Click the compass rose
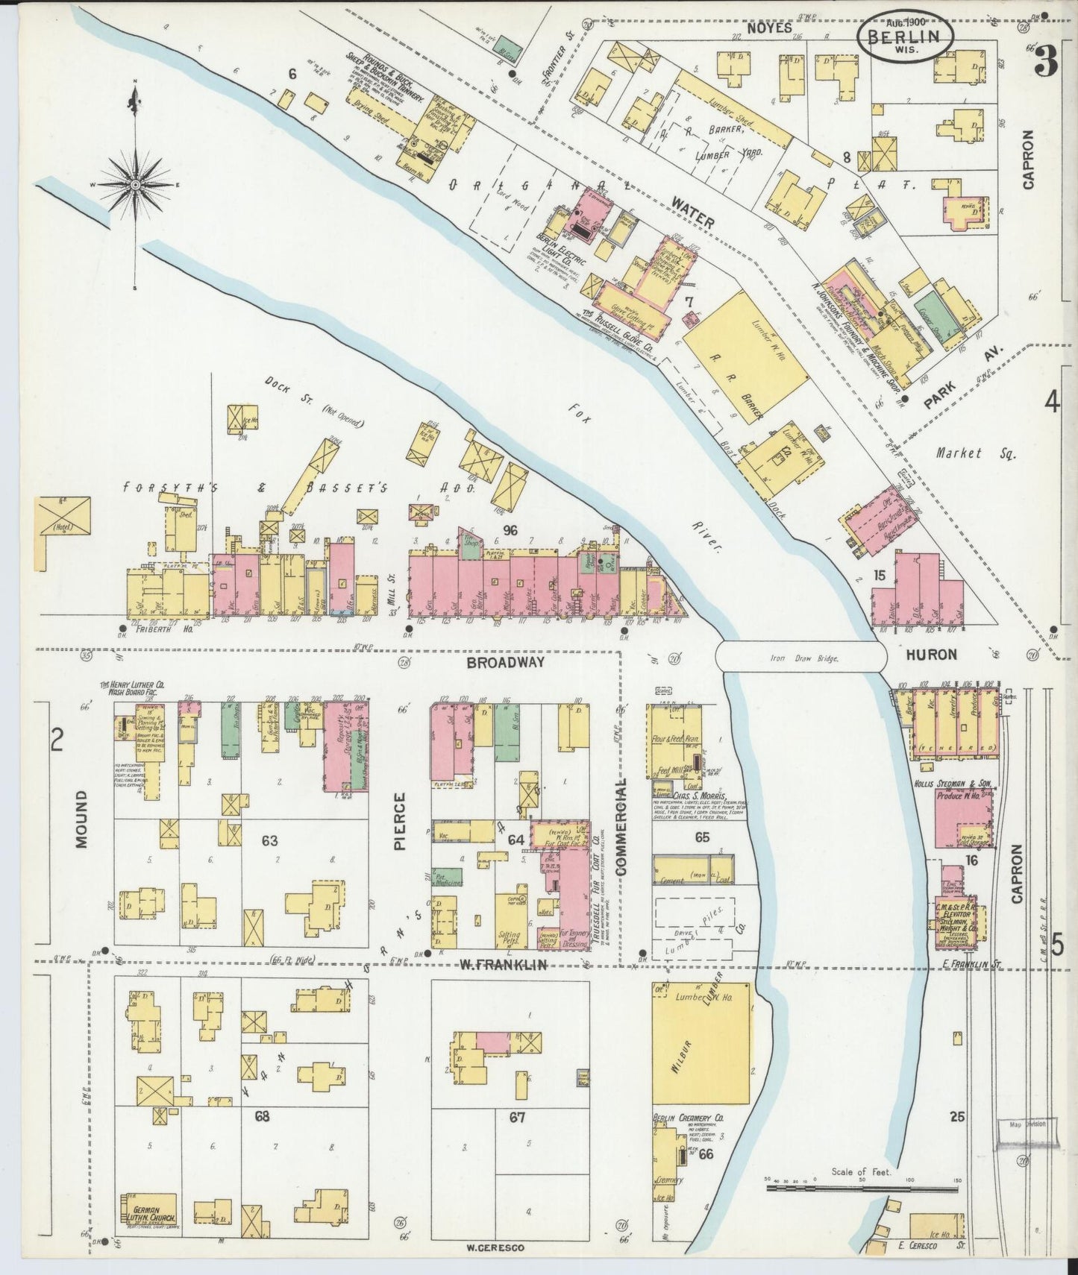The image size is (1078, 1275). (x=136, y=183)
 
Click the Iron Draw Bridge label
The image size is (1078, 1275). (x=802, y=658)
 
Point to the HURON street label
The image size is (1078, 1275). (x=931, y=655)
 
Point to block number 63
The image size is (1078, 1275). (x=269, y=841)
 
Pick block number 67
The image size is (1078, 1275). (x=517, y=1117)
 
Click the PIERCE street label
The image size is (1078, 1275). (x=400, y=820)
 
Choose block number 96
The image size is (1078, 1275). (x=510, y=530)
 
